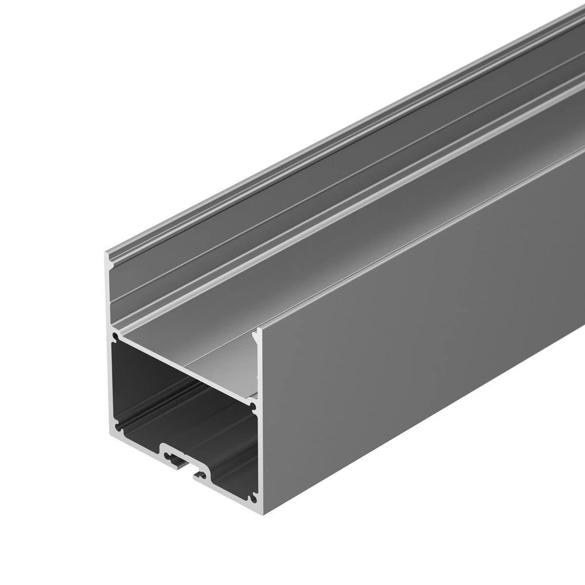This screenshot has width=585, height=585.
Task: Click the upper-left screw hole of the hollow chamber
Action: point(116,336)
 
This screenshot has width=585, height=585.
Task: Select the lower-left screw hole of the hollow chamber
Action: point(116,420)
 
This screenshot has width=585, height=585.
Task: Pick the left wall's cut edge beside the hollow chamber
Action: point(110,380)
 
